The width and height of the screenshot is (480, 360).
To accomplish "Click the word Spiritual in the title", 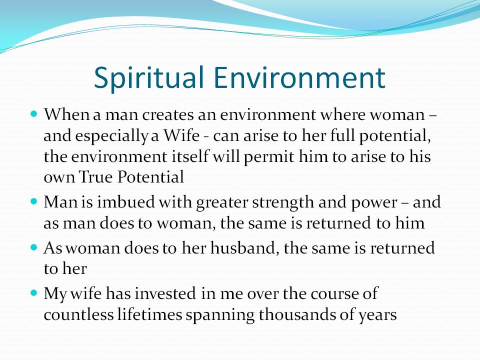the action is [149, 78].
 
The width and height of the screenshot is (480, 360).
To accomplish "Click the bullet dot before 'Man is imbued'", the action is [34, 201].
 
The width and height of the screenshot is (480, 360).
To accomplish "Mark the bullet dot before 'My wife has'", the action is [34, 293].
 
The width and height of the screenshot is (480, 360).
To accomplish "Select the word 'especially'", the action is [111, 136].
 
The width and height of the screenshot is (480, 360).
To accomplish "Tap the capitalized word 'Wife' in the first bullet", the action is [181, 135].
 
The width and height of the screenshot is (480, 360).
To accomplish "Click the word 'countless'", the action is [78, 314].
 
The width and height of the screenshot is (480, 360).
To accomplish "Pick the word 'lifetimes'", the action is [149, 314].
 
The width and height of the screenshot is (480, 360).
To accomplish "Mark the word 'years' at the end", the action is [378, 316].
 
